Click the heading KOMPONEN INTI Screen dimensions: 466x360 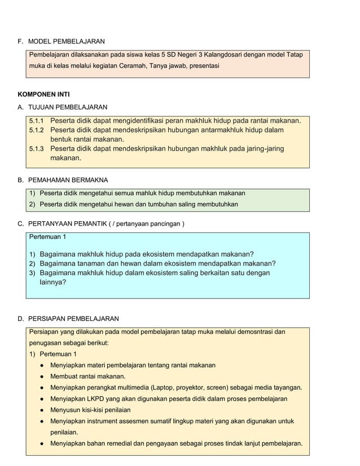click(x=43, y=94)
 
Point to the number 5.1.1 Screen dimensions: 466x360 click(x=36, y=121)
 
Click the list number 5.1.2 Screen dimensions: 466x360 click(x=36, y=130)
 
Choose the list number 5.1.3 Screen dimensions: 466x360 click(x=36, y=149)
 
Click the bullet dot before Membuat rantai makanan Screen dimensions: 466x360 click(x=42, y=376)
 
